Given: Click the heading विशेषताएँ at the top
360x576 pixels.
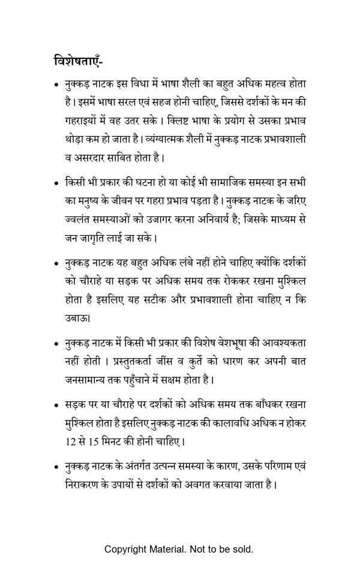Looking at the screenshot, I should pyautogui.click(x=80, y=62).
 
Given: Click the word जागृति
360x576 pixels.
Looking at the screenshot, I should pyautogui.click(x=100, y=238).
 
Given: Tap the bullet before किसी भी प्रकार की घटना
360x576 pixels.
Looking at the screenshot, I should pyautogui.click(x=56, y=182).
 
